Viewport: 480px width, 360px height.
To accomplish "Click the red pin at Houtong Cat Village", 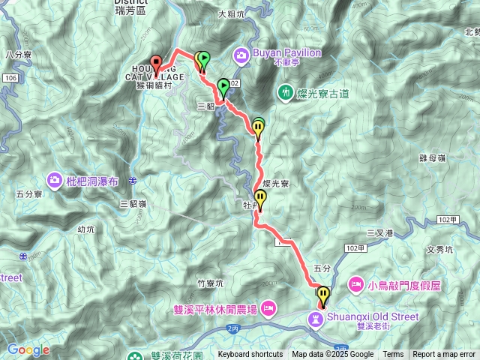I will point(156,63).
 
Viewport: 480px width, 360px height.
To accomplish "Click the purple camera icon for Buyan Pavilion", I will point(241,54).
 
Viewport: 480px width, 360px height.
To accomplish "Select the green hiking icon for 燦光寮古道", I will point(285,92).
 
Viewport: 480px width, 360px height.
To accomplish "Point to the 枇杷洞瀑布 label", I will point(93,180).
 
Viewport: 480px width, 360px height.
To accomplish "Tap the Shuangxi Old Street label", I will point(370,317).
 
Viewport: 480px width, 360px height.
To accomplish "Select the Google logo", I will point(28,349).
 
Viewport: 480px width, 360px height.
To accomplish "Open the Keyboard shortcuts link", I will point(250,355).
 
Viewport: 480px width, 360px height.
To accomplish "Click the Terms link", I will point(393,355).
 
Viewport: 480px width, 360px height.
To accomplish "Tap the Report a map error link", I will point(444,355).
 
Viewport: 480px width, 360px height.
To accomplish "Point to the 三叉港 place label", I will point(379,233).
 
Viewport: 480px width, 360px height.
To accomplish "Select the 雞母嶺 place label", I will point(433,158).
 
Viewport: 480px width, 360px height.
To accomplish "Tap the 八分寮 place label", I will point(16,54).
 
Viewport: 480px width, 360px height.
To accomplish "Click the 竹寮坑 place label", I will point(211,283).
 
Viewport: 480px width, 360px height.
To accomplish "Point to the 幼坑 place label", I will point(85,229).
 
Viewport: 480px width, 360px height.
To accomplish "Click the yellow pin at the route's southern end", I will point(323,295).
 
